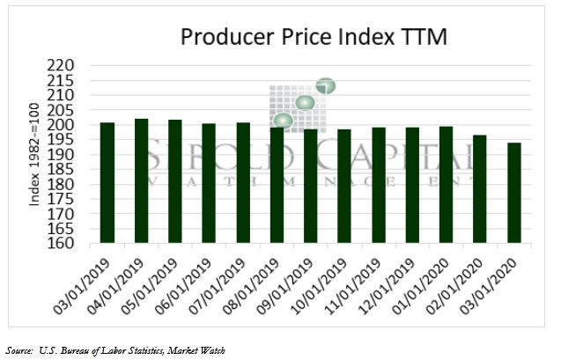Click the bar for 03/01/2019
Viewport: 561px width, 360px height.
point(107,182)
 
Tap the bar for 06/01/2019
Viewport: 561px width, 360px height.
point(209,183)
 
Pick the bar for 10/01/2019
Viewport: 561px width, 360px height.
point(344,186)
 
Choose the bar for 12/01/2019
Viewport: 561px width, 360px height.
point(412,185)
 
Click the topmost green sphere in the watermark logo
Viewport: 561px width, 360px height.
point(326,86)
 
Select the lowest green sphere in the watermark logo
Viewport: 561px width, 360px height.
point(283,121)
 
